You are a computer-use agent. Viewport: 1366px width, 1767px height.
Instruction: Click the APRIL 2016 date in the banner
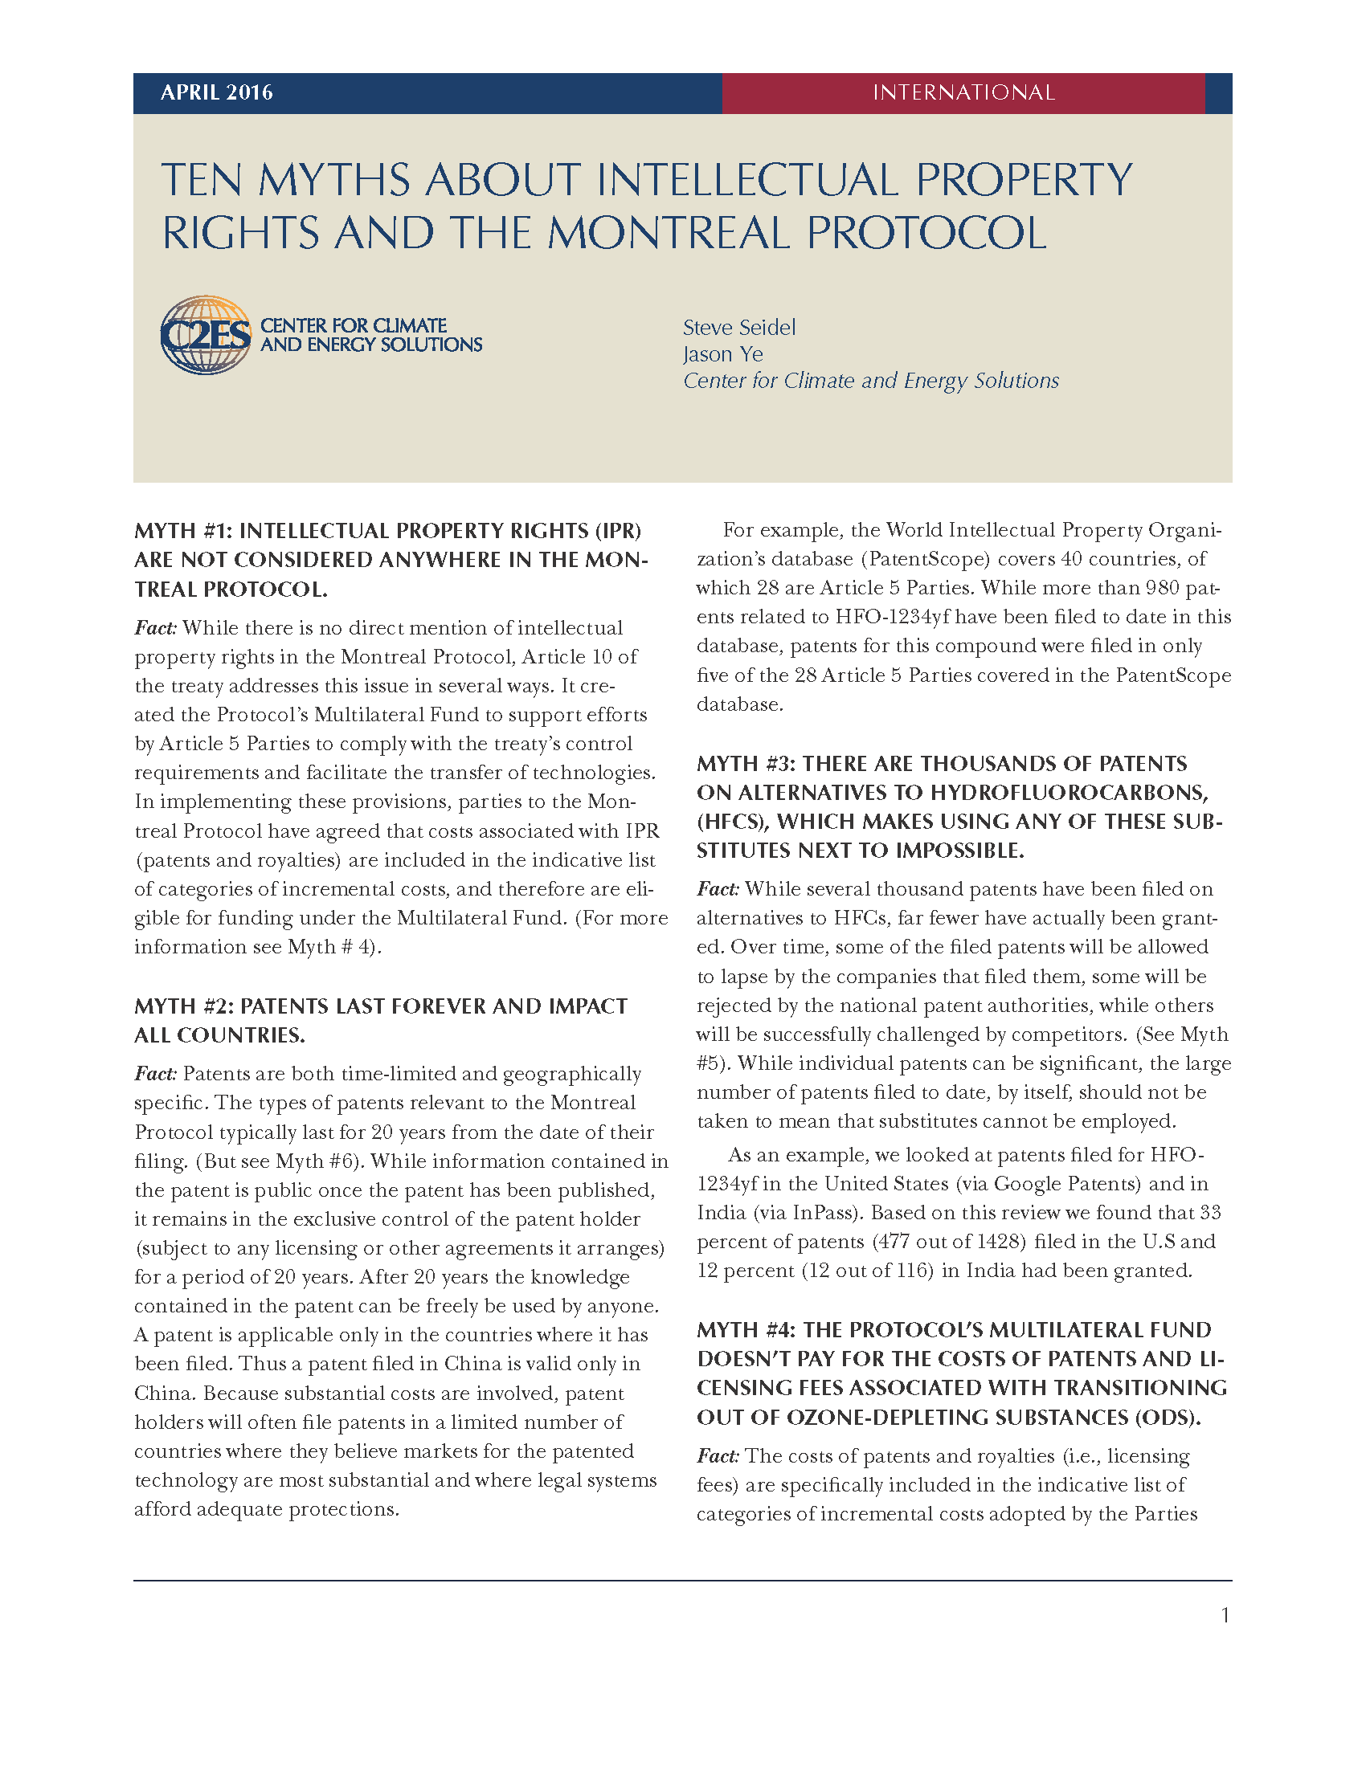pyautogui.click(x=216, y=92)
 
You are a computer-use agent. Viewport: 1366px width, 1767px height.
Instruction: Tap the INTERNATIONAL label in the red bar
pyautogui.click(x=963, y=92)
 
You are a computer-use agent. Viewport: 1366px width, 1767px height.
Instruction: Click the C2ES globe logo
pyautogui.click(x=206, y=335)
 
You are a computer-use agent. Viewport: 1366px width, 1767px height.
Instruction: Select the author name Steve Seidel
pyautogui.click(x=738, y=328)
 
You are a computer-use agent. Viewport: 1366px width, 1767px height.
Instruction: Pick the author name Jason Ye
pyautogui.click(x=722, y=354)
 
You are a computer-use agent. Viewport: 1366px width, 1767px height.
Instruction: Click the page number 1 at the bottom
pyautogui.click(x=1225, y=1616)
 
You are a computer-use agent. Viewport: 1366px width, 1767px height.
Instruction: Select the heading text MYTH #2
pyautogui.click(x=182, y=1006)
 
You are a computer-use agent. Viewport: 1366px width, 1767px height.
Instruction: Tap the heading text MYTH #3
pyautogui.click(x=744, y=764)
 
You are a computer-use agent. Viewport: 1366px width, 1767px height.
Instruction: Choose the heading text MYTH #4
pyautogui.click(x=744, y=1330)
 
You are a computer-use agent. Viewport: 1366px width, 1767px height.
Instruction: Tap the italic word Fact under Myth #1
pyautogui.click(x=155, y=628)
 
